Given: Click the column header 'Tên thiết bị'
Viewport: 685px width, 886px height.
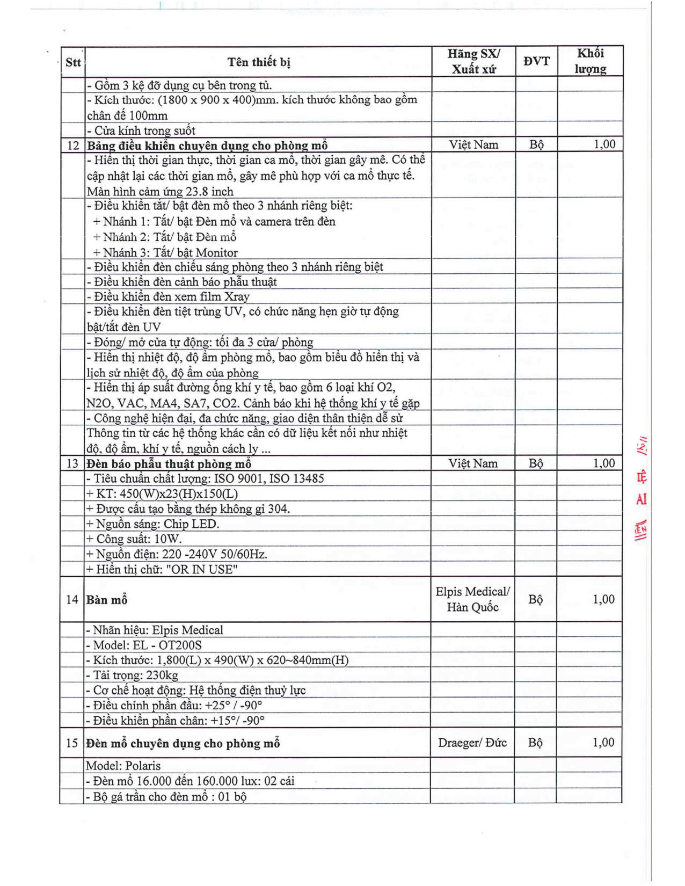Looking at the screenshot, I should click(x=258, y=62).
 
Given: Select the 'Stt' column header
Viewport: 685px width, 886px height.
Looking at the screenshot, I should click(x=73, y=62).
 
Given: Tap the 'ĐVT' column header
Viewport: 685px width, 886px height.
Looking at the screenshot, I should click(x=536, y=61).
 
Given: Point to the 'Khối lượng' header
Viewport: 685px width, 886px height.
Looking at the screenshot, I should click(x=590, y=61).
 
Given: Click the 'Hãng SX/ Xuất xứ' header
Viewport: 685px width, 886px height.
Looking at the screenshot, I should click(x=473, y=61).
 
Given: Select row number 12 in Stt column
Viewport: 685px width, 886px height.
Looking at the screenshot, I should click(x=73, y=146).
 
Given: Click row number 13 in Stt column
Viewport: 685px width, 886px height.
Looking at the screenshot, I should click(x=72, y=463).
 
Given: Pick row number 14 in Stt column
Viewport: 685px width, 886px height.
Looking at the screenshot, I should click(x=72, y=600).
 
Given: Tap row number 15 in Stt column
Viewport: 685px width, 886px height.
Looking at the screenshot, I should click(x=72, y=743).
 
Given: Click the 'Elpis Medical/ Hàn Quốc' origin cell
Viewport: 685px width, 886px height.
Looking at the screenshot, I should click(x=472, y=599).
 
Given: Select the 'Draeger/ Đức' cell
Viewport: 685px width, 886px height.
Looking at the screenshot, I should click(x=472, y=743).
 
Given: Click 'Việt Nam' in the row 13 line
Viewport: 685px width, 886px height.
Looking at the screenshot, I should click(x=472, y=463).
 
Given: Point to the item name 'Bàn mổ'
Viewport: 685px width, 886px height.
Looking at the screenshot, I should click(x=107, y=600).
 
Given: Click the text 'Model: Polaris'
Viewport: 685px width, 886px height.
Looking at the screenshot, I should click(x=123, y=766).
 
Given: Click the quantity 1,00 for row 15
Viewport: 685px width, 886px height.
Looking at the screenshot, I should click(x=603, y=743).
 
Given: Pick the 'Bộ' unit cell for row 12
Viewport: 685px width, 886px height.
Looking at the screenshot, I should click(x=536, y=145).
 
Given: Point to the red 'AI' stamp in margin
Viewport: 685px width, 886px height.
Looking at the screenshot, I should click(x=641, y=499).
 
